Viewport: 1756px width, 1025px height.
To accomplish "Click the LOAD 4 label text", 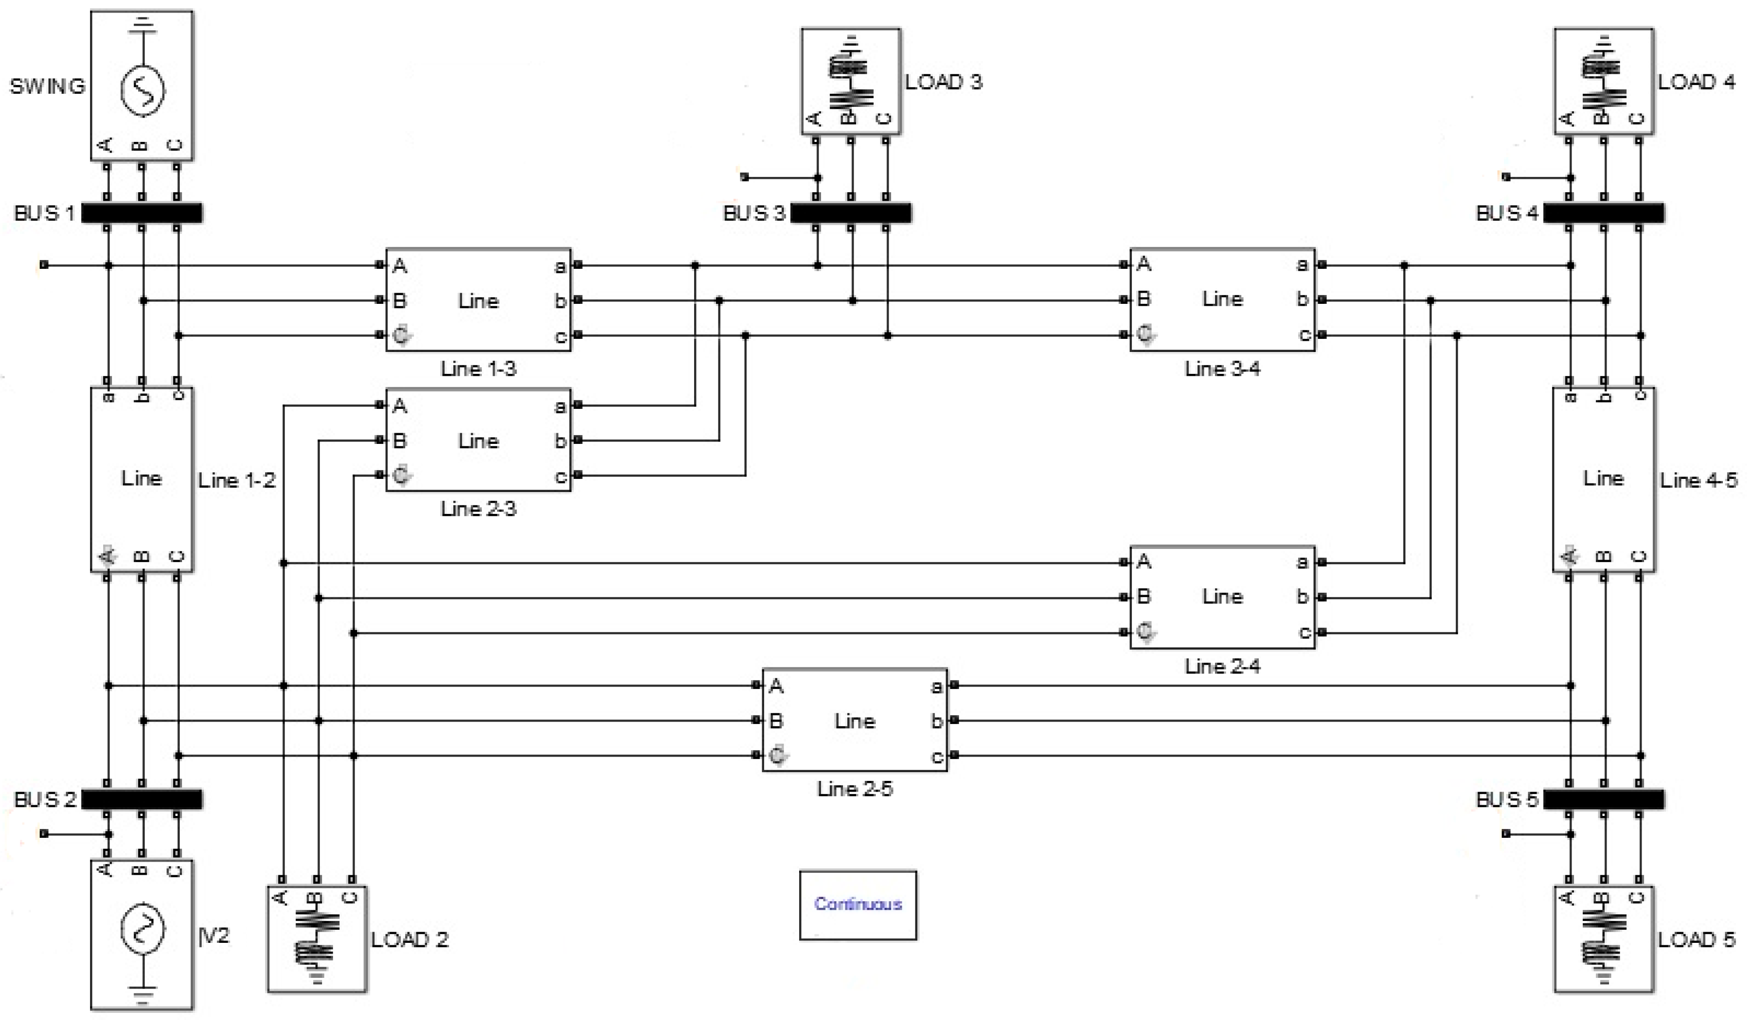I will pyautogui.click(x=1695, y=82).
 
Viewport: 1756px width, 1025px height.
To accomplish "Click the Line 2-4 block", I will pyautogui.click(x=1222, y=597).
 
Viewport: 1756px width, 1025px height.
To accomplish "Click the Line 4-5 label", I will pyautogui.click(x=1698, y=480).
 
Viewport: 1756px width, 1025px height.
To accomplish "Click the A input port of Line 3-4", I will pyautogui.click(x=1123, y=265).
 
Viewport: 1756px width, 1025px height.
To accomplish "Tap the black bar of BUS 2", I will pyautogui.click(x=142, y=799).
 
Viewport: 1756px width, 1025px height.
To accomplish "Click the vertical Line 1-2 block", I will pyautogui.click(x=142, y=479).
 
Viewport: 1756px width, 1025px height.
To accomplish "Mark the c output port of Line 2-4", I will pyautogui.click(x=1322, y=632).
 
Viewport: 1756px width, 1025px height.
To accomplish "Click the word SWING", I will pyautogui.click(x=47, y=86).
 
